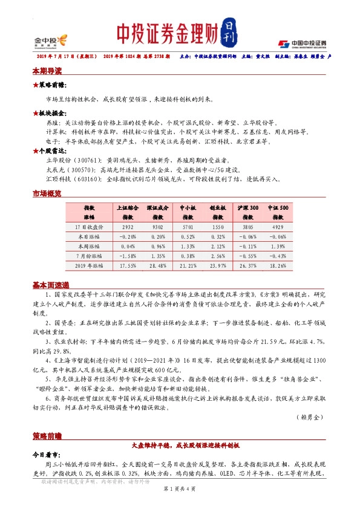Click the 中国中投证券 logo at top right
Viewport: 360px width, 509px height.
click(x=302, y=43)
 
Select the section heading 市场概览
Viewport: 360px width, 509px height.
click(x=47, y=193)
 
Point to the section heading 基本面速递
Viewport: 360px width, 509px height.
click(x=51, y=285)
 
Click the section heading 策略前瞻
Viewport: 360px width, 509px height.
click(x=47, y=435)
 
